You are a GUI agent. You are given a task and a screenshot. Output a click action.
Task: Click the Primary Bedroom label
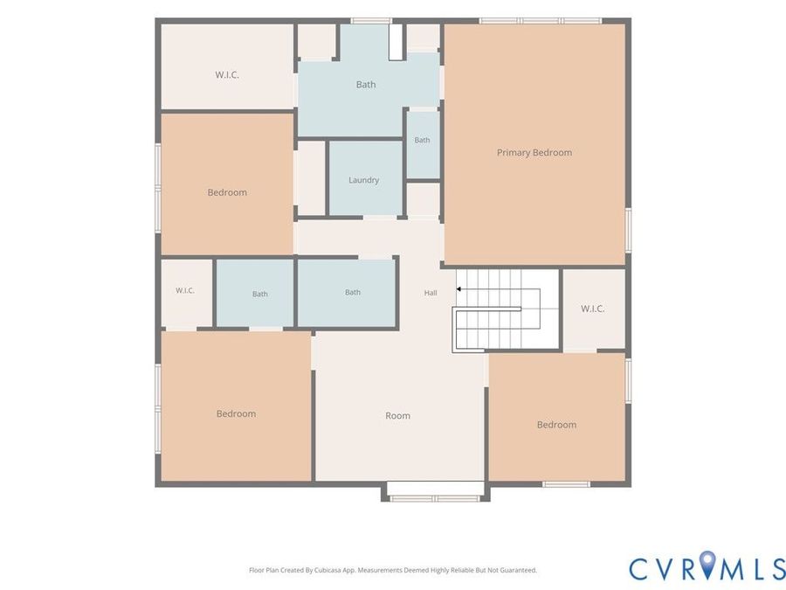(x=534, y=152)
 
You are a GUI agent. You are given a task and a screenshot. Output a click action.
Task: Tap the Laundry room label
(x=364, y=180)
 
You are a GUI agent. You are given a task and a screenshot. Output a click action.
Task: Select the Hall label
(x=431, y=293)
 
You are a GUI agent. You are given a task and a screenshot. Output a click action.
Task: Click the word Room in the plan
(x=397, y=415)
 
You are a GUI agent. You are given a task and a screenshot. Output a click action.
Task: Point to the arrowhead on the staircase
(x=458, y=289)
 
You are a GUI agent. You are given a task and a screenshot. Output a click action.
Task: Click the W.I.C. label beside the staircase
(x=592, y=309)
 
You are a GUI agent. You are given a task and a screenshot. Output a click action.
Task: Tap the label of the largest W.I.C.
(x=227, y=75)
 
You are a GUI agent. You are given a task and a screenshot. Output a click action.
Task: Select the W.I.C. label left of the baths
(x=185, y=290)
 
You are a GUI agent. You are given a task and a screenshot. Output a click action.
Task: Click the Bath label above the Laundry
(x=366, y=84)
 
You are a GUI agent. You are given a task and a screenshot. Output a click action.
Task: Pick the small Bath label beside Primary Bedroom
(x=422, y=140)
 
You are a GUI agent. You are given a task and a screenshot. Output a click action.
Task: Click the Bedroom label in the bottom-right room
(x=556, y=425)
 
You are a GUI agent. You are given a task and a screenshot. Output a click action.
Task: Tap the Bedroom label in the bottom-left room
(x=236, y=413)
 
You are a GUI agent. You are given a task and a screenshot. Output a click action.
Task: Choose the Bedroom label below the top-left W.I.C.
(x=227, y=192)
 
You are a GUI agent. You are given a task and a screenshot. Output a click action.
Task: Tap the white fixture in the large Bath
(x=396, y=42)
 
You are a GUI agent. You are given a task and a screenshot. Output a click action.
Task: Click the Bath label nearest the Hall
(x=353, y=292)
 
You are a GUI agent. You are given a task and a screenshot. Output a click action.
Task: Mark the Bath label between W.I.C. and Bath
(x=259, y=294)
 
